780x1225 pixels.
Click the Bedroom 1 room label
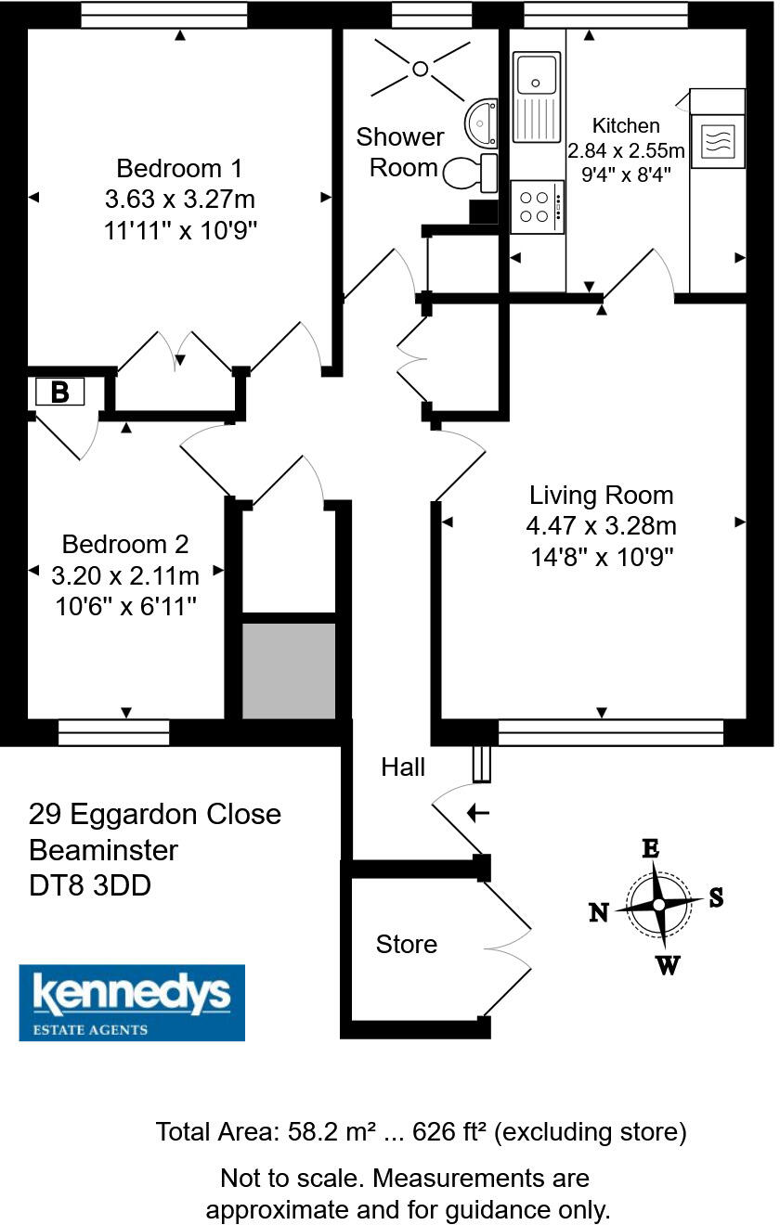[x=179, y=169]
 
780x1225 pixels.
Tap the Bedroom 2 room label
[x=125, y=544]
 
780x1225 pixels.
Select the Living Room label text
[x=601, y=495]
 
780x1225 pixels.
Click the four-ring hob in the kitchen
[x=537, y=207]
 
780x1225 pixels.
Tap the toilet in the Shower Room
[x=469, y=171]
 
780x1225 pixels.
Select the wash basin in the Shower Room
[x=482, y=122]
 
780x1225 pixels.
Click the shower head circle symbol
[x=420, y=68]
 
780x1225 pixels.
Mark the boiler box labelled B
[x=59, y=392]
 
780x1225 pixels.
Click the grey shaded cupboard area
[x=289, y=670]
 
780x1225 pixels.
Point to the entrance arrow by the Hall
[x=477, y=814]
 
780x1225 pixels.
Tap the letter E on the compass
[x=651, y=847]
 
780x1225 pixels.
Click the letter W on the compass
[x=667, y=966]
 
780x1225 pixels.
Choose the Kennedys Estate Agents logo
[x=132, y=1002]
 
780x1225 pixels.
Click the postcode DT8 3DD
[x=90, y=885]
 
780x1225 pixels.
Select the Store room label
[x=406, y=945]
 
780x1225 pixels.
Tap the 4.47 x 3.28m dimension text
[x=601, y=526]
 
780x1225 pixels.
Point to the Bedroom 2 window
[x=113, y=733]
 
